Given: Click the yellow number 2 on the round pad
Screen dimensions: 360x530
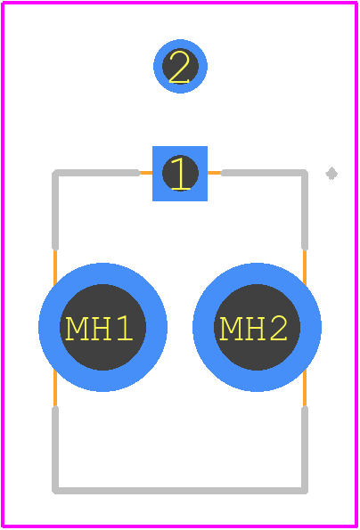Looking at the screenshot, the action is click(x=178, y=67).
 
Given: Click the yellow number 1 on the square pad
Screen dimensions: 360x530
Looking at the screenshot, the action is click(x=180, y=174).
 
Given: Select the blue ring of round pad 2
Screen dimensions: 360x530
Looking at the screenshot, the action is click(x=180, y=43).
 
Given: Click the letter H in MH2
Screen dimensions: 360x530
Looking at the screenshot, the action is click(x=254, y=328).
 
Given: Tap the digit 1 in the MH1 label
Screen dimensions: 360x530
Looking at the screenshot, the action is click(x=125, y=328).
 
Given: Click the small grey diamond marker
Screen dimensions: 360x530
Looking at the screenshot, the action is click(x=331, y=174).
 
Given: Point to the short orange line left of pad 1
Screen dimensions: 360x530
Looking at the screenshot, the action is click(x=146, y=173).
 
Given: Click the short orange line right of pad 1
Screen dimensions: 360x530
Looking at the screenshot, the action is click(x=215, y=173).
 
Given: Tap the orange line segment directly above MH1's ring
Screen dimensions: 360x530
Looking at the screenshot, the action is click(x=55, y=268).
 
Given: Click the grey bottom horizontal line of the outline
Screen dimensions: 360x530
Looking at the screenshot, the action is click(x=180, y=491).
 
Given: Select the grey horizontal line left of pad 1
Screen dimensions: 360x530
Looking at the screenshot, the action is click(x=96, y=173).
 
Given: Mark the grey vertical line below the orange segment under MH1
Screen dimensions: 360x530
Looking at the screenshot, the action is click(x=55, y=450).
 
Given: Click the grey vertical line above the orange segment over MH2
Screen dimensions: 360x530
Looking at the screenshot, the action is click(x=305, y=210).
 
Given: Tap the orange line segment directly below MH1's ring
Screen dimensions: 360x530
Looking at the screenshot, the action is click(x=55, y=388).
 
